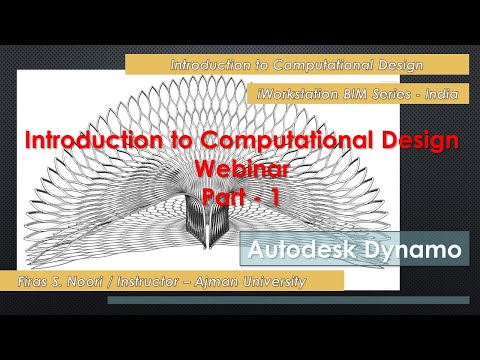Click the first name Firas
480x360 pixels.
pos(21,281)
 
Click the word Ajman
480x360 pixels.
pos(214,281)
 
